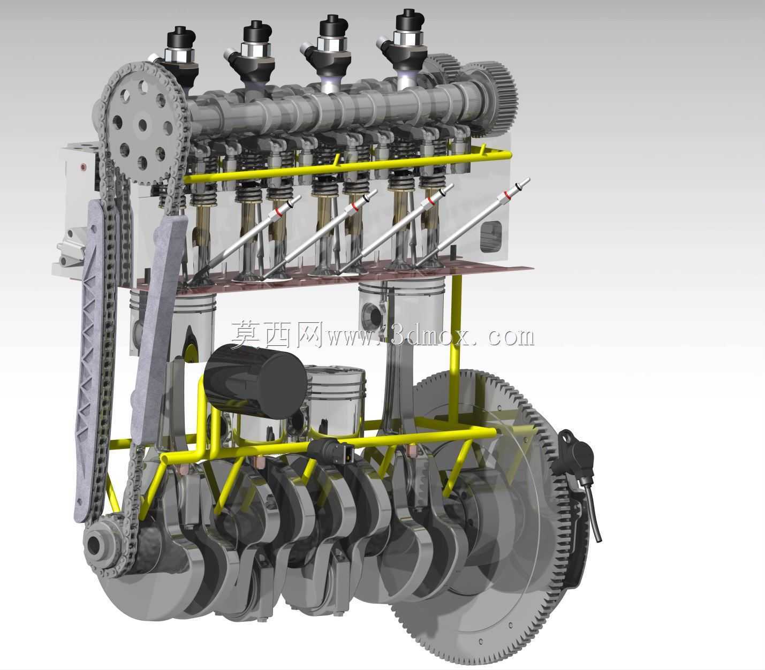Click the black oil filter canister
[x=256, y=380]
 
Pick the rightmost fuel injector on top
[x=406, y=47]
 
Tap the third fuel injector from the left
[x=329, y=53]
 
